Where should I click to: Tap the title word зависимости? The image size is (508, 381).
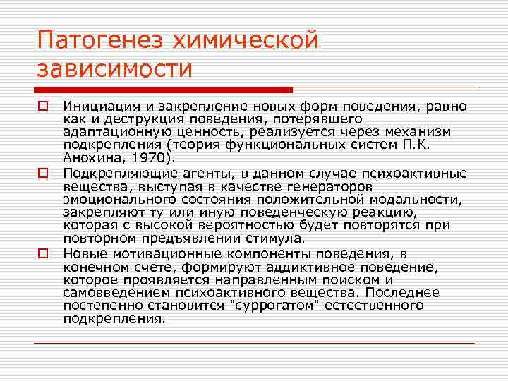pyautogui.click(x=114, y=69)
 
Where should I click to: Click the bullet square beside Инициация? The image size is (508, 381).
pyautogui.click(x=42, y=107)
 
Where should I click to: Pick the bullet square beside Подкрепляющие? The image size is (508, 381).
pyautogui.click(x=42, y=172)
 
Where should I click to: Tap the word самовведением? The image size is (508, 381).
pyautogui.click(x=109, y=292)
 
